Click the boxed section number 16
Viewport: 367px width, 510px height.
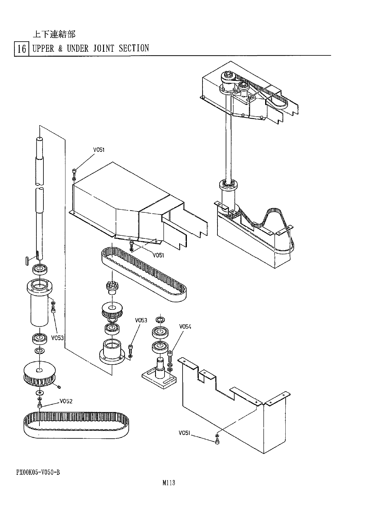coord(21,49)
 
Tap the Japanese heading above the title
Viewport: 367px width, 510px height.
coord(54,34)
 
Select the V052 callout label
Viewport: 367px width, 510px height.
coord(66,401)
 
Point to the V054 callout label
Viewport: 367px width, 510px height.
coord(185,327)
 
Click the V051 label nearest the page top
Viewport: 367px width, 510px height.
coord(99,150)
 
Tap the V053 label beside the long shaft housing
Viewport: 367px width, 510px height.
coord(57,338)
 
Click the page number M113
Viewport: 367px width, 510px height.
coord(169,483)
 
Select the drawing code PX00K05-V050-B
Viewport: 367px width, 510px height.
coord(38,473)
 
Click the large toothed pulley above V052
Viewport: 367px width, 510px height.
coord(39,373)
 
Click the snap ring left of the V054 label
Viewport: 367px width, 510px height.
coord(160,320)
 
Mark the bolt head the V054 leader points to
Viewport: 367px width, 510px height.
coord(170,354)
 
